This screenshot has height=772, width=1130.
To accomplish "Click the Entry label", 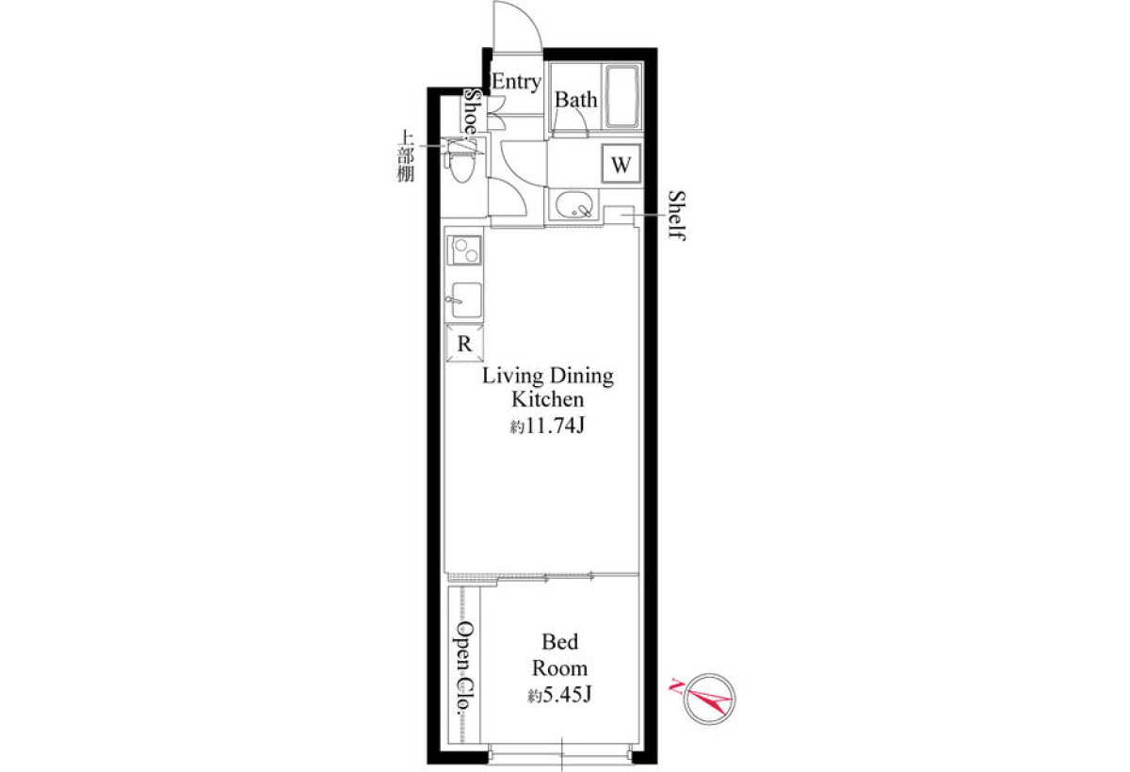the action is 516,82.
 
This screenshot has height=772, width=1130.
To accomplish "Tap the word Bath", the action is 575,100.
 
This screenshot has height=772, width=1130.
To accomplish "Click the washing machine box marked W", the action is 621,164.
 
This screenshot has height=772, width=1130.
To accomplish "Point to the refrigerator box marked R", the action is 464,344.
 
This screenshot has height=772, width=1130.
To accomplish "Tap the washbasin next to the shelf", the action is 574,204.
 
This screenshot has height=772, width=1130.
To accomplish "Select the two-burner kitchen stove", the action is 465,250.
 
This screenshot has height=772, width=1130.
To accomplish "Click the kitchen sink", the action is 465,300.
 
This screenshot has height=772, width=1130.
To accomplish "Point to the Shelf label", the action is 676,216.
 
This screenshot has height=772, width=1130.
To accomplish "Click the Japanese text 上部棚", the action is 406,156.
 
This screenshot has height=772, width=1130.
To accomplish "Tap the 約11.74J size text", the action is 547,426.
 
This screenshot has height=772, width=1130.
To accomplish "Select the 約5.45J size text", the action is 559,696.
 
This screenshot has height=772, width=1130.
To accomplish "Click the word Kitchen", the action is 548,399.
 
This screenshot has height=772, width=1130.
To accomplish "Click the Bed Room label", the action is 560,655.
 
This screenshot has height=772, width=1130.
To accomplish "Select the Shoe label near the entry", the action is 472,112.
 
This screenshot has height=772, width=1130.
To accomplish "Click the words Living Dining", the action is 548,377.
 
